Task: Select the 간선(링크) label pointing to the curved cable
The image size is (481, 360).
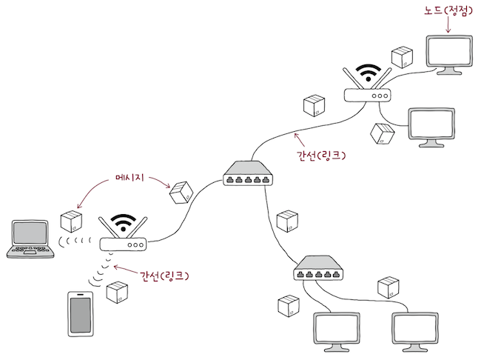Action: pyautogui.click(x=320, y=156)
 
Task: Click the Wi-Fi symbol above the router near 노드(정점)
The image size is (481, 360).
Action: pyautogui.click(x=367, y=73)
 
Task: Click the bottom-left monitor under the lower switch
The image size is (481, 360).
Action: pyautogui.click(x=336, y=329)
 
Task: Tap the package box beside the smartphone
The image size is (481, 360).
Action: pyautogui.click(x=117, y=293)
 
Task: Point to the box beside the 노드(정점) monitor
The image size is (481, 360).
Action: pyautogui.click(x=402, y=57)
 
